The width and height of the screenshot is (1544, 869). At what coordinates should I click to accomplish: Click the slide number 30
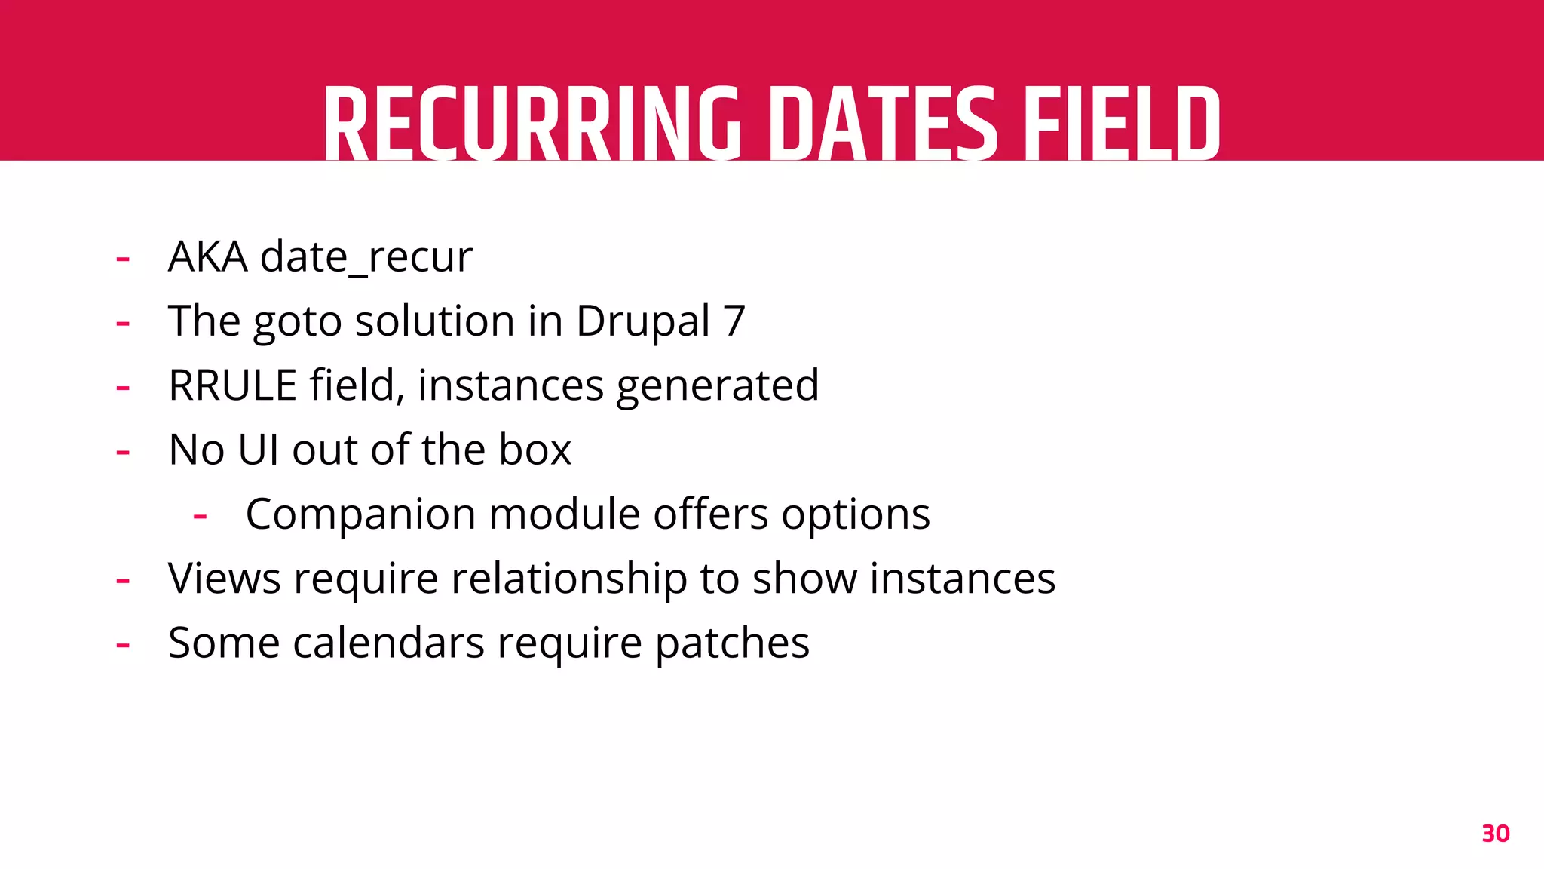click(x=1495, y=834)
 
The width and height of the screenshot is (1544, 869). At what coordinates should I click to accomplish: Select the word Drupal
click(x=643, y=321)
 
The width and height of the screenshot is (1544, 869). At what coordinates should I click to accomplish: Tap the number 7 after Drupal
click(x=734, y=321)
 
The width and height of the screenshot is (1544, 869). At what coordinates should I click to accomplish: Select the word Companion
click(x=360, y=515)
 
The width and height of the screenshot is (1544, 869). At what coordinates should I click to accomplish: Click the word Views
click(x=225, y=579)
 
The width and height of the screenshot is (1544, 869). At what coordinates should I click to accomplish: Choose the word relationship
click(x=569, y=579)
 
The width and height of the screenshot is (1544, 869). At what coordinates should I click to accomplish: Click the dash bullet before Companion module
click(x=200, y=517)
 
